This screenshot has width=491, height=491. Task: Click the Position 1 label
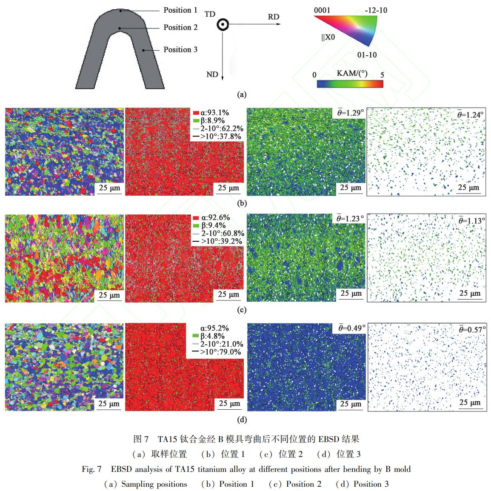(x=180, y=10)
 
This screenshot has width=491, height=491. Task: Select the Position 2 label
(x=180, y=28)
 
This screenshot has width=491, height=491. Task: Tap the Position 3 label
(x=180, y=50)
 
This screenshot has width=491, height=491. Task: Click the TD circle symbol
(x=222, y=25)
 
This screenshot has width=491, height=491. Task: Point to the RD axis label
(x=273, y=17)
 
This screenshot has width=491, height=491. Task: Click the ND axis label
(x=212, y=75)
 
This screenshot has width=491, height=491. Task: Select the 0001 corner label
(x=322, y=10)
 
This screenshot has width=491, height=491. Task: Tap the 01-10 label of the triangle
(x=367, y=55)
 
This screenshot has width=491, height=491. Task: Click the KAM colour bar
(x=350, y=84)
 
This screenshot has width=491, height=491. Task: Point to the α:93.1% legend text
(x=214, y=113)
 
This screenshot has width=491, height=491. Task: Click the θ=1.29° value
(x=351, y=113)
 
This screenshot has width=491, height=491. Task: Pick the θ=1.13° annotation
(x=471, y=221)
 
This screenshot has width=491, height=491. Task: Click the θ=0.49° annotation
(x=352, y=328)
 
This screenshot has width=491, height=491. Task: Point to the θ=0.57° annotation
(x=472, y=330)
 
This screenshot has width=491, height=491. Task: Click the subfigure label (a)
(x=242, y=94)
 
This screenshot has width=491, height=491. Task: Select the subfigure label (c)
(x=242, y=310)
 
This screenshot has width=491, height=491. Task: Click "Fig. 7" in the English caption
(x=91, y=469)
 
